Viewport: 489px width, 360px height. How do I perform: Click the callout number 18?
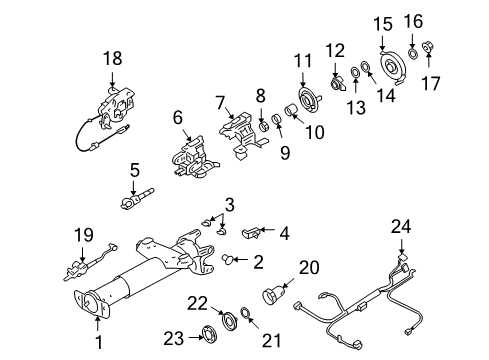pos(111,61)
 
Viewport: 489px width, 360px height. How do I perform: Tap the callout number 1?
pos(97,349)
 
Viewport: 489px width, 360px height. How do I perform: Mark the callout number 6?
pos(178,117)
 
